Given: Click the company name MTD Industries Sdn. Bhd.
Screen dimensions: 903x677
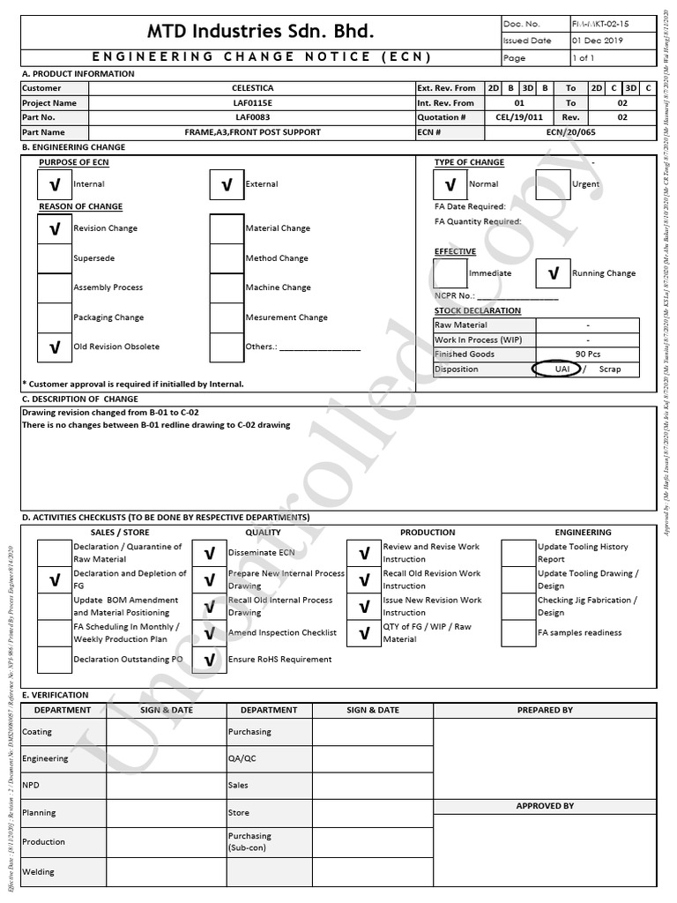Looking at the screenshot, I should [x=260, y=33].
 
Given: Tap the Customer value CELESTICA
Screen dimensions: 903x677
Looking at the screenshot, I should [x=253, y=88].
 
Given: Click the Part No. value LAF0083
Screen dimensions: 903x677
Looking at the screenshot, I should [x=253, y=117].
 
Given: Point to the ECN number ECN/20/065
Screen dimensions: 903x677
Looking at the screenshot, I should [x=571, y=132].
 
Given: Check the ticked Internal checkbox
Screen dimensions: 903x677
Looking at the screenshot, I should [x=55, y=184].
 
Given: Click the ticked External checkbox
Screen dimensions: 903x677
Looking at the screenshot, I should [x=227, y=184].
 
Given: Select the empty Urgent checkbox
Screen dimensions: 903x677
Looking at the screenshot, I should [x=554, y=184].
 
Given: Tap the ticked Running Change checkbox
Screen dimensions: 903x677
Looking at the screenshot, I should [x=553, y=273].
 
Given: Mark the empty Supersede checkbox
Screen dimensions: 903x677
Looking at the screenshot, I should [x=55, y=258].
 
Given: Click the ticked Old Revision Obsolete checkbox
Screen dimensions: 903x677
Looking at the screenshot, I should [x=55, y=347].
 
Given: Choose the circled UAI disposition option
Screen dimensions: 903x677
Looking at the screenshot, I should [x=562, y=369].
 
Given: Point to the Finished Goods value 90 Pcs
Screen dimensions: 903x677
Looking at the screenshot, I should [x=587, y=354].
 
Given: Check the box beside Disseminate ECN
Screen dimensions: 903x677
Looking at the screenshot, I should [x=210, y=553].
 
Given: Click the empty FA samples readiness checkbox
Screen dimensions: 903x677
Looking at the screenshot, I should [x=518, y=633].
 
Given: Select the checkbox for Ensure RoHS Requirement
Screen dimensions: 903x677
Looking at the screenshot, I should [x=210, y=660].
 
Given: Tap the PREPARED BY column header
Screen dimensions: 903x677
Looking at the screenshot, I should [x=545, y=710].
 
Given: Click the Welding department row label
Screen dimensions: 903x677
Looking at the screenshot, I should [x=38, y=872].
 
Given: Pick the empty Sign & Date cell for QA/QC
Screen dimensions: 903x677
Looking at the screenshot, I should [x=372, y=758].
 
